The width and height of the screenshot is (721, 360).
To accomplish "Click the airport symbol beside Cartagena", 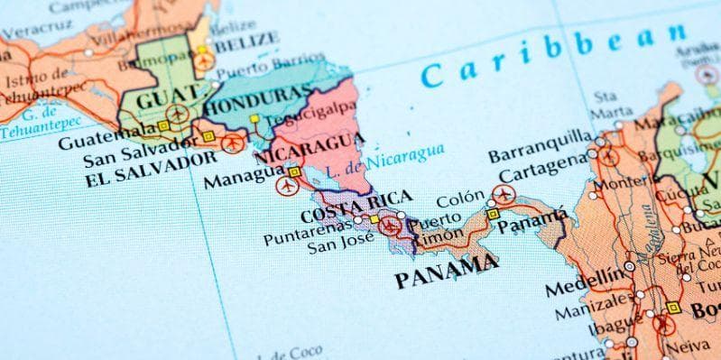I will click(503, 194).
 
